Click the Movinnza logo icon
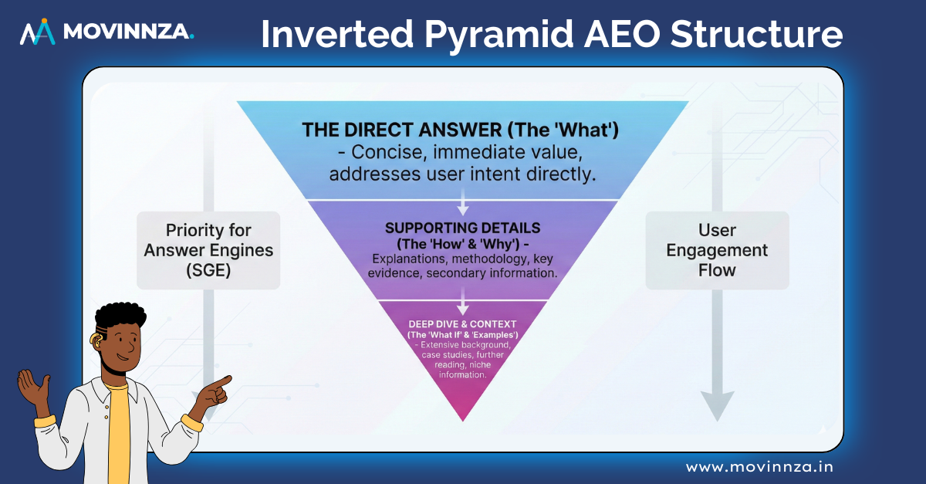[x=38, y=32]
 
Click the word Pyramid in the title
[x=499, y=36]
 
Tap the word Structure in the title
[x=756, y=34]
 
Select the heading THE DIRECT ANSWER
[x=401, y=130]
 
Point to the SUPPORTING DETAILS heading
[x=462, y=228]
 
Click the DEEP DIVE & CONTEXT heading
[x=462, y=324]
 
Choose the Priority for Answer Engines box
[x=208, y=250]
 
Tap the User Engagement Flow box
[x=717, y=250]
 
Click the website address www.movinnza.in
[x=759, y=467]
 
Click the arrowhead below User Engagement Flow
[x=717, y=405]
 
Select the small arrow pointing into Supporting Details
[x=463, y=202]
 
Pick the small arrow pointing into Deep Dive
[x=463, y=302]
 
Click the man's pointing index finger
[x=221, y=382]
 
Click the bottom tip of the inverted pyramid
[x=463, y=421]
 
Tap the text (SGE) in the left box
[x=208, y=270]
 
